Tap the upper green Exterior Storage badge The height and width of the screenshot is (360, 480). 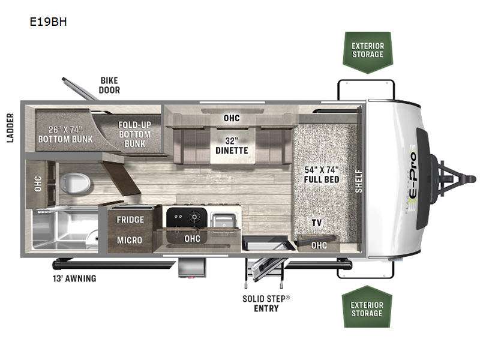(367, 50)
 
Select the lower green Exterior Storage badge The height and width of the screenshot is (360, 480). (367, 309)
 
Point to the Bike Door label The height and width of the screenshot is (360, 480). (110, 85)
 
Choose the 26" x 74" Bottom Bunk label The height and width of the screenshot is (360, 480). (65, 133)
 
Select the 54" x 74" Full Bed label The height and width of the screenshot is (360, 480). (322, 175)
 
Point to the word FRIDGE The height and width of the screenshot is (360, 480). (130, 220)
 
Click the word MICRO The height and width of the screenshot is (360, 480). (130, 240)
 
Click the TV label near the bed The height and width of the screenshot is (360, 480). (317, 223)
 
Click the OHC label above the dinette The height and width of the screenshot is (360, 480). (232, 118)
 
